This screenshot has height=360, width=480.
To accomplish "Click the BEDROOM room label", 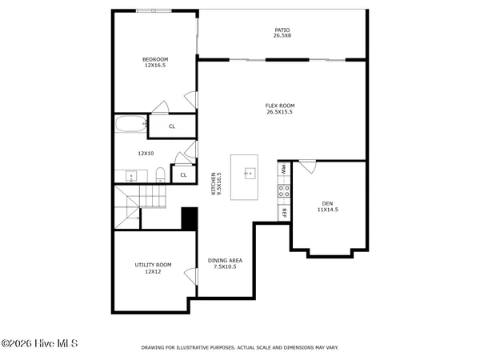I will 156,62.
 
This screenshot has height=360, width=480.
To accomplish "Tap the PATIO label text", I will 282,33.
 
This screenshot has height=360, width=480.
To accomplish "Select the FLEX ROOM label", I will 280,109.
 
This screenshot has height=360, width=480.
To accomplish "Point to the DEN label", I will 328,206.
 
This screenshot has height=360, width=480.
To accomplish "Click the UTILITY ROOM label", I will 153,268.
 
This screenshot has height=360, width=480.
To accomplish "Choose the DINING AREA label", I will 225,263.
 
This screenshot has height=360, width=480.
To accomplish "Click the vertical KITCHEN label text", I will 214,184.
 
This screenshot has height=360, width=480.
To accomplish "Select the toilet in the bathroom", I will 160,174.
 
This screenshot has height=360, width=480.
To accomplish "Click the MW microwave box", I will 282,170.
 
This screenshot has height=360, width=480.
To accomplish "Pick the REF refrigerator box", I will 283,213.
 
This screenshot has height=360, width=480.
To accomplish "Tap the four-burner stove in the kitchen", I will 282,191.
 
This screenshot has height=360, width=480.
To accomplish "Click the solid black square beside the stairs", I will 190,218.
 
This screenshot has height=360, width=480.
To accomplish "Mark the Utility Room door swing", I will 190,274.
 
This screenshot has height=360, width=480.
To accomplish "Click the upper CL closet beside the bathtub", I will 172,126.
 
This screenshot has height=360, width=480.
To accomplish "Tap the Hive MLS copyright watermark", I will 40,343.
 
